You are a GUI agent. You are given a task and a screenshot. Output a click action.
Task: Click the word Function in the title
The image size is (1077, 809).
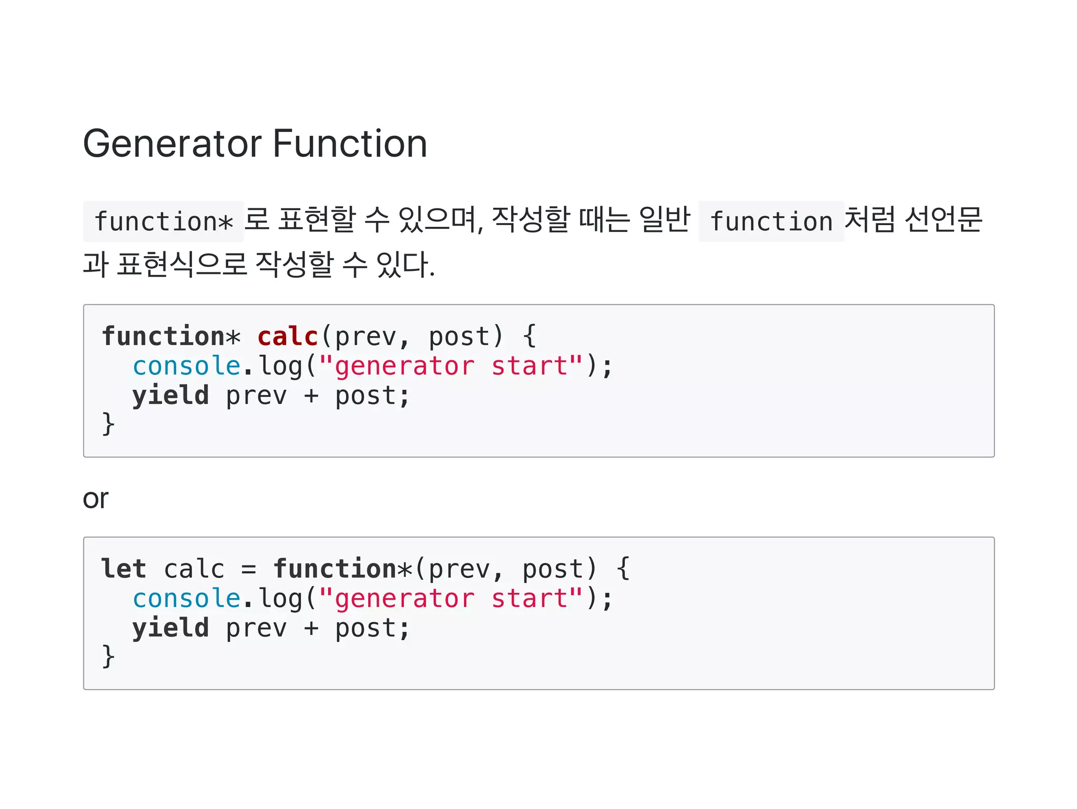coord(350,144)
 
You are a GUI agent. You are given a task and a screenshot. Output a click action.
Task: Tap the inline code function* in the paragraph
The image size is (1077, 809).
coord(164,221)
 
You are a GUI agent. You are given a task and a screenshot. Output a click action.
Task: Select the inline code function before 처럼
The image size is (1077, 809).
coord(771,221)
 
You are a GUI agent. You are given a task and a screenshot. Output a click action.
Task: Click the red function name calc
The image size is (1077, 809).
coord(288,337)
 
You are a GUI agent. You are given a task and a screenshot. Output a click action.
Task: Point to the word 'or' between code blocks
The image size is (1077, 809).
coord(96,499)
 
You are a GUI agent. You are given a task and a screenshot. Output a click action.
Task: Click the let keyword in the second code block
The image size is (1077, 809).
coord(124,569)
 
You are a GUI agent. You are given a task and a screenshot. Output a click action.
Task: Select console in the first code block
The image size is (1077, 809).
coord(187,366)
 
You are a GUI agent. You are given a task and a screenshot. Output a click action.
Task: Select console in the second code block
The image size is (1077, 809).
coord(187,599)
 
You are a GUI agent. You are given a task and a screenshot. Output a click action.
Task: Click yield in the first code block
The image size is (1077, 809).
coord(170,396)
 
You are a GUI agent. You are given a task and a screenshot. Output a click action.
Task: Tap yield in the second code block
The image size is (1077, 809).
coord(170,628)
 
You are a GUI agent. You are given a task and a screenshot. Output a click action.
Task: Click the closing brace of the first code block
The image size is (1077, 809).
coord(108,424)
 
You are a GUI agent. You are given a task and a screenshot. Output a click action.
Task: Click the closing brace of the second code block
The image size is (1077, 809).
coord(108,656)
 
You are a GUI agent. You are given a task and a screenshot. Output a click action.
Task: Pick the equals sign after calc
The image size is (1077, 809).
coord(249,570)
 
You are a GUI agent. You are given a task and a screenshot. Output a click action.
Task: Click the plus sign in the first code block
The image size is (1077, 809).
coord(311,396)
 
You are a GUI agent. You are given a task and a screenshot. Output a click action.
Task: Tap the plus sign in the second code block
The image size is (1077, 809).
coord(311,629)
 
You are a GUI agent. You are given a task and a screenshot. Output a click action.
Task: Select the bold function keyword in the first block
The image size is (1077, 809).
coord(164,337)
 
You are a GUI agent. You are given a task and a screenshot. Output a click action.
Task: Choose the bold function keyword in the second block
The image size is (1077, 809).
coord(335,569)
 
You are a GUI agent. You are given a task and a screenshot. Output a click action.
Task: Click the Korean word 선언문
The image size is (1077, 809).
coord(943,219)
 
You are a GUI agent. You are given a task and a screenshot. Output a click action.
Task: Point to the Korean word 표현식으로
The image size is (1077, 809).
coord(181,264)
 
